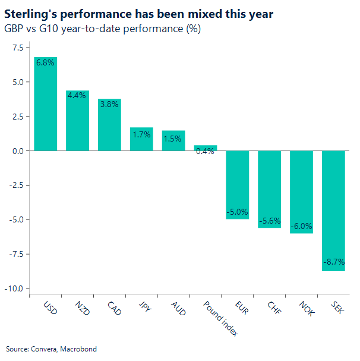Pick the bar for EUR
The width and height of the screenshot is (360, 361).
(x=237, y=185)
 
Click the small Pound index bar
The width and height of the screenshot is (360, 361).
(x=205, y=148)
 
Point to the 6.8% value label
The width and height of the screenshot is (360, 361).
(x=46, y=62)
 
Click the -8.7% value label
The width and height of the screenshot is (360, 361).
(x=333, y=262)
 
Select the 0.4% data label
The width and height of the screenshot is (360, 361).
(x=205, y=151)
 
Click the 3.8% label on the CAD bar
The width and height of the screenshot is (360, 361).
(x=109, y=103)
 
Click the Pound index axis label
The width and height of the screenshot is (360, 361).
(x=219, y=318)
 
